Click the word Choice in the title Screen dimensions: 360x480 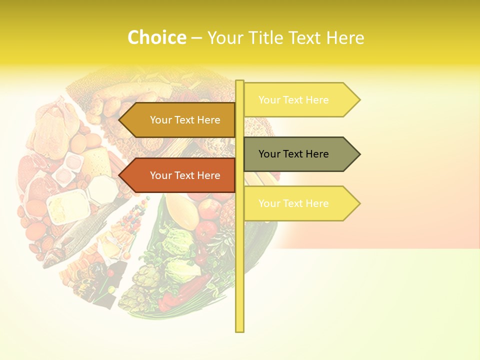pyautogui.click(x=156, y=37)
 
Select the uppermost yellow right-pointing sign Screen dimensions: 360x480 pyautogui.click(x=300, y=100)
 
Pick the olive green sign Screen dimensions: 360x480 pyautogui.click(x=300, y=154)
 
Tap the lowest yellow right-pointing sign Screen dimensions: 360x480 pyautogui.click(x=300, y=203)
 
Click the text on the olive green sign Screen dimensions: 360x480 pyautogui.click(x=293, y=154)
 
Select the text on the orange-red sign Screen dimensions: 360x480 pyautogui.click(x=185, y=175)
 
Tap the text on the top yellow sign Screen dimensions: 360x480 pyautogui.click(x=293, y=100)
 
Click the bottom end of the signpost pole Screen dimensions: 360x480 pyautogui.click(x=239, y=330)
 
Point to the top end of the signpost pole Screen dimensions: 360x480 pyautogui.click(x=239, y=82)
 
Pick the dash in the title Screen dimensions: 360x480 pyautogui.click(x=196, y=37)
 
